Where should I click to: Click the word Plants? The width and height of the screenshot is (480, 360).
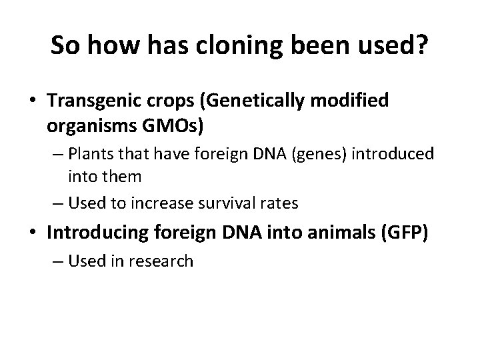coord(93,154)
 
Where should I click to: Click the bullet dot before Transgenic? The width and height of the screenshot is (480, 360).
coord(33,101)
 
